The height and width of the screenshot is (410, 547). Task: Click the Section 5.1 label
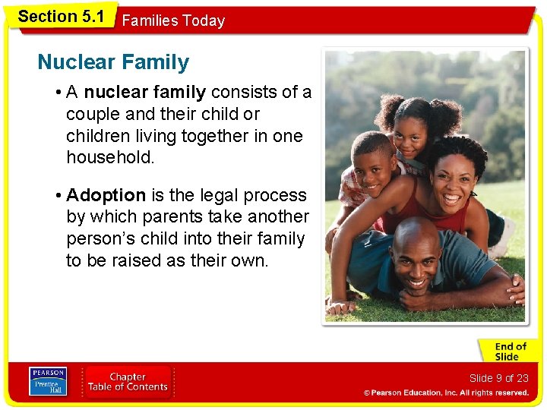(x=61, y=16)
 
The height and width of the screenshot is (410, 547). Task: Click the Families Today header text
(x=173, y=21)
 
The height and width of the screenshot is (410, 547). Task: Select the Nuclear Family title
(x=113, y=62)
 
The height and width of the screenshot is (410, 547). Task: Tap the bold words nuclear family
(x=144, y=93)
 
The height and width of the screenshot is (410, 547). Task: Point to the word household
(x=109, y=158)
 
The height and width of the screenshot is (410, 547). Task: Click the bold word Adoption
(x=106, y=195)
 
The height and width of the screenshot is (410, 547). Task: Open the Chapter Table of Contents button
(x=127, y=382)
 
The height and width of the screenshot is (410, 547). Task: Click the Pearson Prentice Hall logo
(x=47, y=382)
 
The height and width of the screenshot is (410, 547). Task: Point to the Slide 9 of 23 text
(x=498, y=378)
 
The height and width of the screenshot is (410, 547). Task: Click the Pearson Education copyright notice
(x=446, y=393)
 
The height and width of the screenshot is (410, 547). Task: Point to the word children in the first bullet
(x=97, y=137)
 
